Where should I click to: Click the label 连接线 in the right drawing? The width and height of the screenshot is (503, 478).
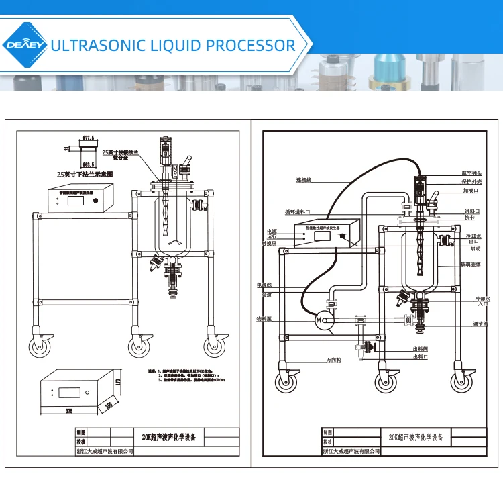(304, 181)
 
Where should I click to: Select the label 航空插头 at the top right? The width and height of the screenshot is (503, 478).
(471, 173)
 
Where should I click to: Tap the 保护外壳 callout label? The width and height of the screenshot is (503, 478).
(471, 181)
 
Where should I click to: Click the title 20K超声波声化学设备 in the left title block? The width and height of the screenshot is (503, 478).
(170, 437)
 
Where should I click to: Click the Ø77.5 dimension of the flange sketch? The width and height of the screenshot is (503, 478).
(87, 138)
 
